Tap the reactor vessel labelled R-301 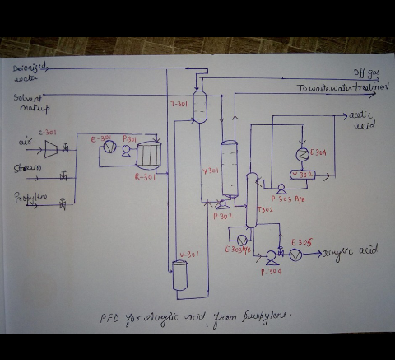(x=148, y=153)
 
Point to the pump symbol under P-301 (x=126, y=152)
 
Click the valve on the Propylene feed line (x=63, y=204)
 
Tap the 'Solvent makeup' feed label (x=31, y=102)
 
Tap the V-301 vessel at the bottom (x=180, y=275)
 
